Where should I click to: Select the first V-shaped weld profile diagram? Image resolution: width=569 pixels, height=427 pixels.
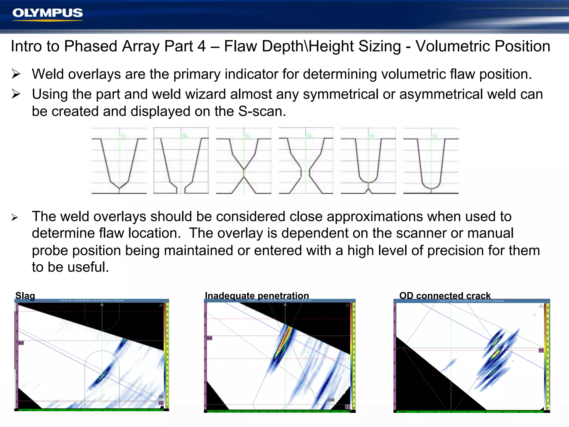coord(119,161)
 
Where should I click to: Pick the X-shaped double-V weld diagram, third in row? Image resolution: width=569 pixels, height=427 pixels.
coord(243,161)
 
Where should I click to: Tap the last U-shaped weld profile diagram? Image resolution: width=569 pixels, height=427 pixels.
coord(431,161)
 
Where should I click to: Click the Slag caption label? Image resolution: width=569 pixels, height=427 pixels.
coord(25,296)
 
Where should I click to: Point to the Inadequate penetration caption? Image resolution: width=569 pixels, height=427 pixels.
coord(257,296)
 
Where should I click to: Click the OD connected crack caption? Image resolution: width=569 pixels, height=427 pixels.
coord(445,296)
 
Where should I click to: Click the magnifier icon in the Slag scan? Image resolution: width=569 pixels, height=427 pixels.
coord(161,306)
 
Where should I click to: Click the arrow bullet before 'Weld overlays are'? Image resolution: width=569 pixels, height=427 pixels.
coord(16,74)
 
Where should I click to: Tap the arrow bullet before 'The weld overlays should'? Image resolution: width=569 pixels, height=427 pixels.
coord(15,217)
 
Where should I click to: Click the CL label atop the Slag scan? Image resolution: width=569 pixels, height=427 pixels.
coord(102,305)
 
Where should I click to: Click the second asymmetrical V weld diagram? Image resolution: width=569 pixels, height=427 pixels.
coord(181,161)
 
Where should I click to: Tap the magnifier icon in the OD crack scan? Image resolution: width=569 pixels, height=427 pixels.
coord(541,306)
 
